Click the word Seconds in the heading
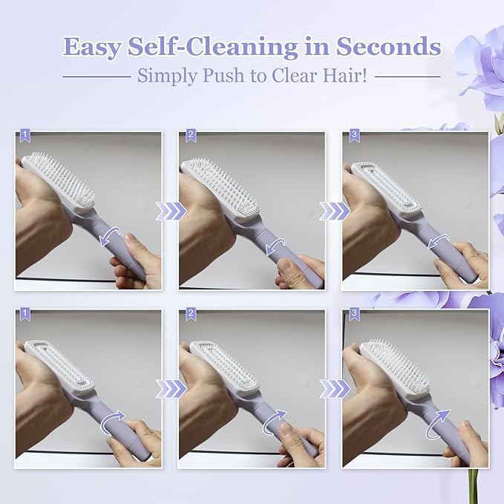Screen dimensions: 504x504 pyautogui.click(x=388, y=47)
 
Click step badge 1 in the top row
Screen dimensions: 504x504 pyautogui.click(x=26, y=135)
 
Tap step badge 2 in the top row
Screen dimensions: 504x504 pyautogui.click(x=190, y=135)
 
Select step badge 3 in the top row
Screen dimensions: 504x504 pyautogui.click(x=353, y=135)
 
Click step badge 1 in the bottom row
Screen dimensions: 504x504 pyautogui.click(x=26, y=313)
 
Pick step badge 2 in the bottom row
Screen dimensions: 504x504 pyautogui.click(x=190, y=313)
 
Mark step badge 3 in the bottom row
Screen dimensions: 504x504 pyautogui.click(x=353, y=313)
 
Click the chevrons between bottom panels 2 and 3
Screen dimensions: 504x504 pyautogui.click(x=335, y=388)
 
